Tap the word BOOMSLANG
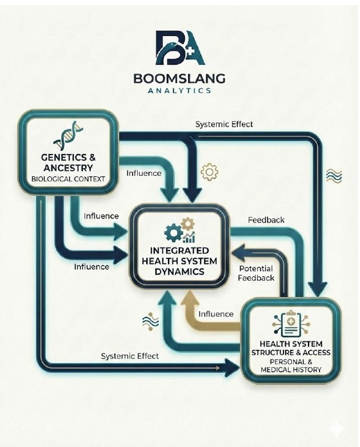tap(179, 78)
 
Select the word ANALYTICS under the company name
tap(179, 90)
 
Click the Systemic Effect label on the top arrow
tap(224, 124)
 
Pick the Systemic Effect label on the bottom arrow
tap(130, 356)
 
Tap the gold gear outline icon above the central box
tap(210, 172)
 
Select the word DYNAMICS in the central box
tap(179, 272)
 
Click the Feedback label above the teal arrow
tap(266, 220)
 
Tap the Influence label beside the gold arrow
tap(215, 314)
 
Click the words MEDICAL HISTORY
tap(291, 370)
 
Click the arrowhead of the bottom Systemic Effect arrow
tap(234, 366)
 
